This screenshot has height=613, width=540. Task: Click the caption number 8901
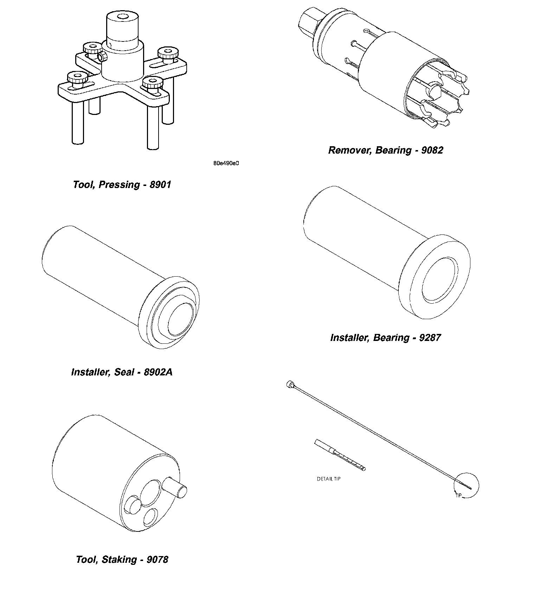click(160, 185)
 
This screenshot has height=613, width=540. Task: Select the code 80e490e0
click(226, 163)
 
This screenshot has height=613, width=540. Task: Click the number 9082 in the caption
click(432, 150)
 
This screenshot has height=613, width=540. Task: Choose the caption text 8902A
click(158, 372)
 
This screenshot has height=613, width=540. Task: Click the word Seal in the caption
click(124, 372)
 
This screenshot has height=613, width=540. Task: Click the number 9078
click(157, 560)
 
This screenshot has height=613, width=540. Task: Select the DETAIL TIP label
click(328, 479)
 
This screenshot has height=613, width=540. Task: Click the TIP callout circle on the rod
click(467, 485)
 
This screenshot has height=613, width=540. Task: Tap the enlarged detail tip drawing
click(340, 454)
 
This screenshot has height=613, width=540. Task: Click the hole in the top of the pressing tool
click(123, 17)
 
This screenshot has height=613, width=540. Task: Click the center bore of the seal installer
click(180, 319)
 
